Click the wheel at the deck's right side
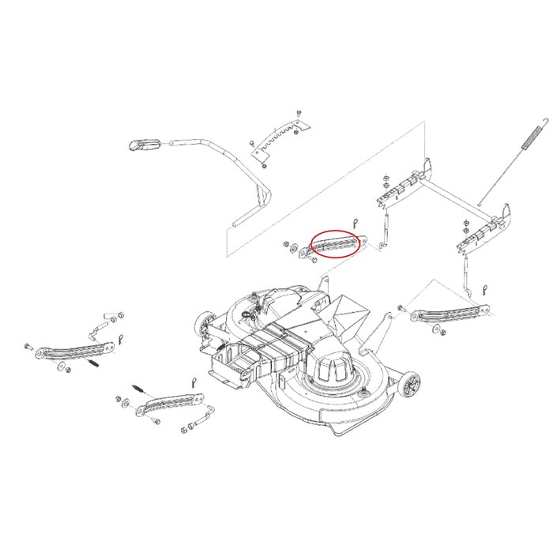pyautogui.click(x=409, y=386)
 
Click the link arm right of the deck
pyautogui.click(x=449, y=314)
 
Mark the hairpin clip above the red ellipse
pyautogui.click(x=356, y=223)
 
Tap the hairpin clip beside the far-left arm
pyautogui.click(x=120, y=340)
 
